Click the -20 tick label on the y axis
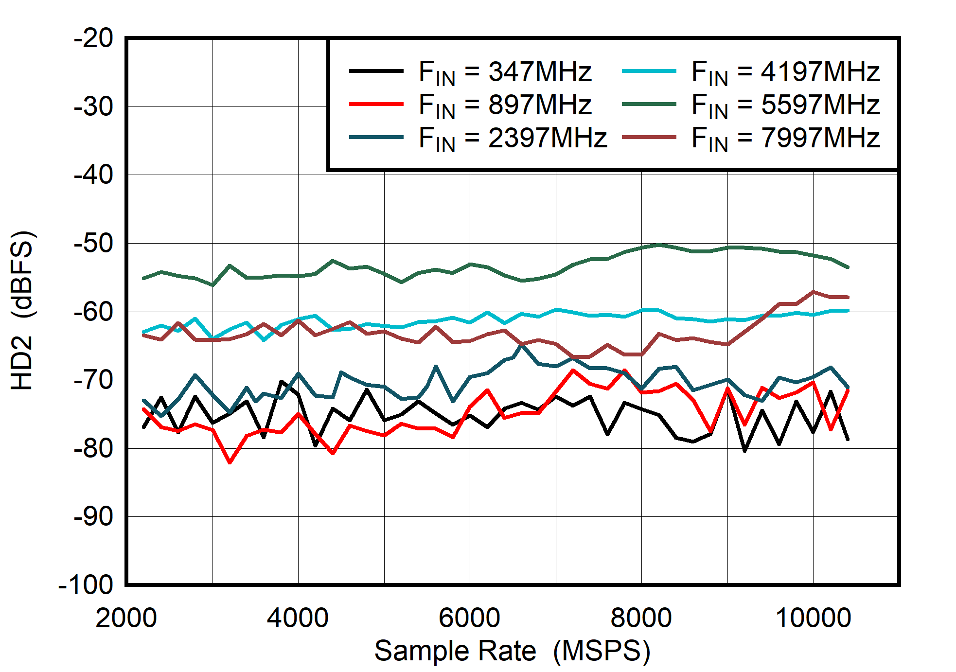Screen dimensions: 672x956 (x=93, y=38)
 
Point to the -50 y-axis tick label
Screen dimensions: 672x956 (x=93, y=243)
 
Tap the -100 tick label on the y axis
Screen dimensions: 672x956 (x=86, y=584)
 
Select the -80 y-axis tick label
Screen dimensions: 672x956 (x=93, y=448)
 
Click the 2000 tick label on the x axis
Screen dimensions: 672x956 (x=126, y=618)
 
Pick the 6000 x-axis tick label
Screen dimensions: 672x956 (x=469, y=618)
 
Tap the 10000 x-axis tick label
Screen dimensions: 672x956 (x=813, y=618)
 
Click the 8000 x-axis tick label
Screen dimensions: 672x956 (x=641, y=618)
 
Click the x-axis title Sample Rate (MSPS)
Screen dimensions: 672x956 (x=512, y=651)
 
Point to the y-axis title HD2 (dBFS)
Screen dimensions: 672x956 (x=22, y=310)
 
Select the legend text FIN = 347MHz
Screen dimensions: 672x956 (x=505, y=72)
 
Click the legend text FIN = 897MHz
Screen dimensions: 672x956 (x=505, y=105)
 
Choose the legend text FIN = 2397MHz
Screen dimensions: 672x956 (x=513, y=138)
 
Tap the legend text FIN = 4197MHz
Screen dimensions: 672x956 (x=785, y=72)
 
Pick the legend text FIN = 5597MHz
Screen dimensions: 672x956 (x=785, y=105)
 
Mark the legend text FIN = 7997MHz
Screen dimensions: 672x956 (x=785, y=138)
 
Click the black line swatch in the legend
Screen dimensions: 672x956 (x=376, y=71)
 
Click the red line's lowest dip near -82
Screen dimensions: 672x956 (x=230, y=462)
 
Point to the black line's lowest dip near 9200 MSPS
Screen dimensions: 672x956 (x=744, y=451)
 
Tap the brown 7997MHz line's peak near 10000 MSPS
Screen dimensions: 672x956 (x=813, y=292)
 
